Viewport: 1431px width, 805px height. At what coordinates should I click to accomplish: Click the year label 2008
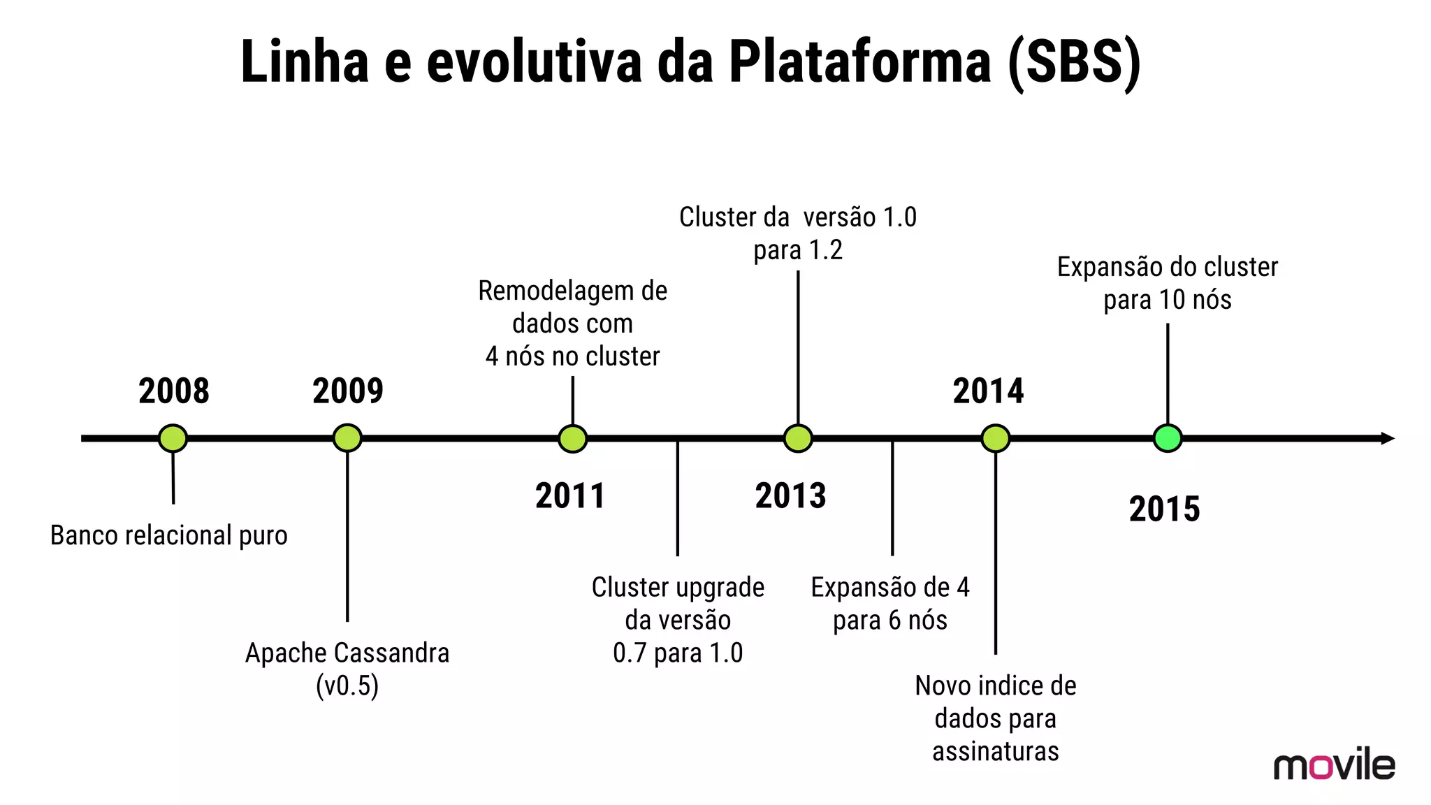pos(174,391)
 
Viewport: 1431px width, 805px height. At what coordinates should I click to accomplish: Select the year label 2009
pos(348,391)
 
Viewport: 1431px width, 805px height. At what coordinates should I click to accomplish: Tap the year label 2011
pos(570,496)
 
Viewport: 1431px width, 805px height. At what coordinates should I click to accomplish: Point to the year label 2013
pos(790,496)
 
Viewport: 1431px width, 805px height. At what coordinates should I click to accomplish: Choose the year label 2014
pos(988,391)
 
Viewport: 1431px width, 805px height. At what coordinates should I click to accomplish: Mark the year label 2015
pos(1164,509)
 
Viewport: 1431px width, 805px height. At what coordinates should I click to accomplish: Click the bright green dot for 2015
pos(1168,438)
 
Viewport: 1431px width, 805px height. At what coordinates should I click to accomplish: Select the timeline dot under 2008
pos(173,438)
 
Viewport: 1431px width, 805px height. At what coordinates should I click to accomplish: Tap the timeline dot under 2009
pos(347,438)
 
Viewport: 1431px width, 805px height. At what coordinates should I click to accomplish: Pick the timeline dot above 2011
pos(573,438)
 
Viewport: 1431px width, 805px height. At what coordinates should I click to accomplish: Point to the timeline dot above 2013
pos(798,438)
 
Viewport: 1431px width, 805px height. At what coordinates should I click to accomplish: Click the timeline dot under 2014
pos(996,438)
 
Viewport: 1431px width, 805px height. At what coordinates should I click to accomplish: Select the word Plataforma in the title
pos(860,61)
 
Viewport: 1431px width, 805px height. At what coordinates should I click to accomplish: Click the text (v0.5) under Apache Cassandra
pos(347,686)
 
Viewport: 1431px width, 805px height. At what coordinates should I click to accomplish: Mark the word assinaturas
pos(996,752)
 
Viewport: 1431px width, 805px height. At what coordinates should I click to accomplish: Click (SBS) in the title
pos(1075,61)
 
